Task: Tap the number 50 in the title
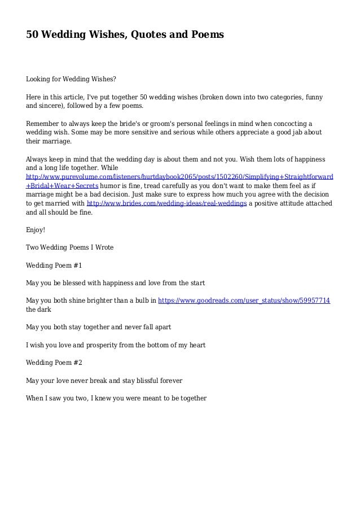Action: coord(33,35)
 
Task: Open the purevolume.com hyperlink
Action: coord(179,176)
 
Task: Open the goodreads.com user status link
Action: coord(244,300)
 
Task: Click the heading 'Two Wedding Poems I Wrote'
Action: coord(70,247)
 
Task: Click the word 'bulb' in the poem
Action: coord(144,300)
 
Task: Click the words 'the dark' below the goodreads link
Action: coord(37,310)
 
